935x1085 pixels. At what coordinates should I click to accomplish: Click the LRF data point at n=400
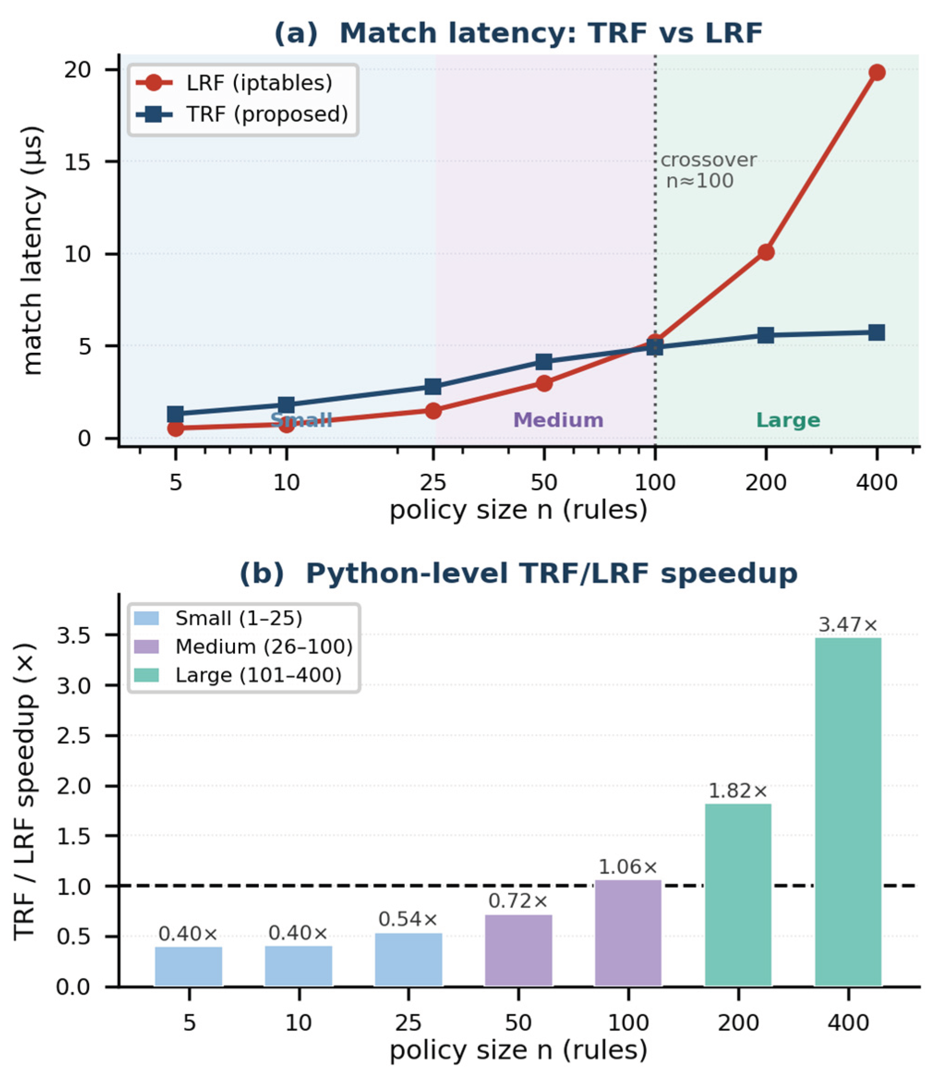pyautogui.click(x=877, y=72)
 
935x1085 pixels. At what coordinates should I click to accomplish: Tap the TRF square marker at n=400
pyautogui.click(x=877, y=332)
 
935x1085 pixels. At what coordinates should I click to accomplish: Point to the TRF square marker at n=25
pyautogui.click(x=433, y=387)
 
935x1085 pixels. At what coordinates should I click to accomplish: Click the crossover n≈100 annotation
pyautogui.click(x=708, y=170)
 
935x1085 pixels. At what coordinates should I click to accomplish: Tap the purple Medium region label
pyautogui.click(x=558, y=420)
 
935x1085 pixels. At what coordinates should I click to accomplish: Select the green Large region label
pyautogui.click(x=788, y=420)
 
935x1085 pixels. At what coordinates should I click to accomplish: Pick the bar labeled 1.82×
pyautogui.click(x=738, y=895)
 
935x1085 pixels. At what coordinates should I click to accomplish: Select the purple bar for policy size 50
pyautogui.click(x=518, y=951)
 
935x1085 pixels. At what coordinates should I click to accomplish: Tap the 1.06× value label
pyautogui.click(x=628, y=867)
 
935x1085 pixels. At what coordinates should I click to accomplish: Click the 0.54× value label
pyautogui.click(x=408, y=920)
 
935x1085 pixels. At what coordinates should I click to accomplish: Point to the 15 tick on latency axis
pyautogui.click(x=84, y=162)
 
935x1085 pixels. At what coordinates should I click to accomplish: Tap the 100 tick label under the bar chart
pyautogui.click(x=628, y=1022)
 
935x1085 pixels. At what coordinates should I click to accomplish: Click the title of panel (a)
pyautogui.click(x=518, y=33)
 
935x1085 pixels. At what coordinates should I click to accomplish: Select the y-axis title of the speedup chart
pyautogui.click(x=25, y=791)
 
